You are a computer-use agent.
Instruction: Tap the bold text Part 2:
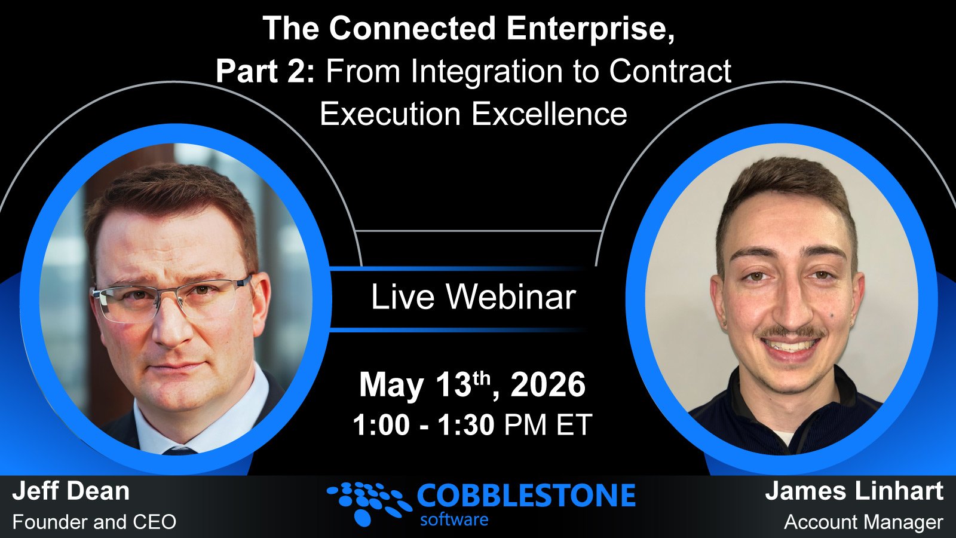click(x=265, y=72)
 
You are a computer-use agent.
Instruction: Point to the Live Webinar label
click(x=473, y=297)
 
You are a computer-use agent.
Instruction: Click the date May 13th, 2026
click(x=472, y=384)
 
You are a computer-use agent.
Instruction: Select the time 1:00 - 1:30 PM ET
click(x=472, y=425)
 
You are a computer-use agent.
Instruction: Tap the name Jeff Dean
click(x=71, y=491)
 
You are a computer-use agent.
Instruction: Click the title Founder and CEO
click(x=94, y=522)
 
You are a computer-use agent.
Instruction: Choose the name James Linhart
click(x=854, y=491)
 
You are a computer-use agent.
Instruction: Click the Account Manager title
click(x=863, y=522)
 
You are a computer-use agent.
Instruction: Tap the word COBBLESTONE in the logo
click(x=526, y=496)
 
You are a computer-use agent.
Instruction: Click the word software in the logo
click(x=454, y=519)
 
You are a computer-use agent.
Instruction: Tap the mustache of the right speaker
click(x=792, y=333)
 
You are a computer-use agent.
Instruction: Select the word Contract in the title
click(x=670, y=72)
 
